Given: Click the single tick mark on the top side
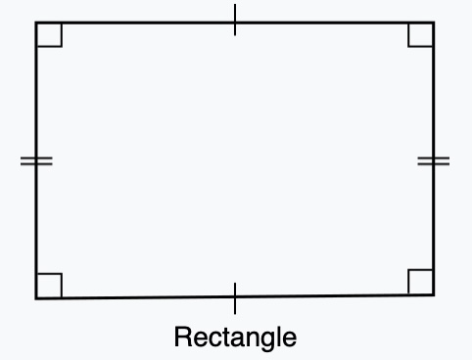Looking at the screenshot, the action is tap(235, 20).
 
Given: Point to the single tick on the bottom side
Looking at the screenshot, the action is tap(235, 298).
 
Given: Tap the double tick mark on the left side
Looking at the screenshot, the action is tap(36, 161).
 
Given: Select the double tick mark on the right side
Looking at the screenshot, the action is tap(434, 161).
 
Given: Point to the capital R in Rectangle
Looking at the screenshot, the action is tap(183, 337).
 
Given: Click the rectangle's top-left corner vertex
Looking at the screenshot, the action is tap(36, 22).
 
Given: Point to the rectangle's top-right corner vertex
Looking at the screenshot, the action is tap(434, 22).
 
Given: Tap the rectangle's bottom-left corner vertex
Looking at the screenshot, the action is tap(36, 298).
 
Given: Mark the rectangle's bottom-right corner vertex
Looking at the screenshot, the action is tap(434, 295).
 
